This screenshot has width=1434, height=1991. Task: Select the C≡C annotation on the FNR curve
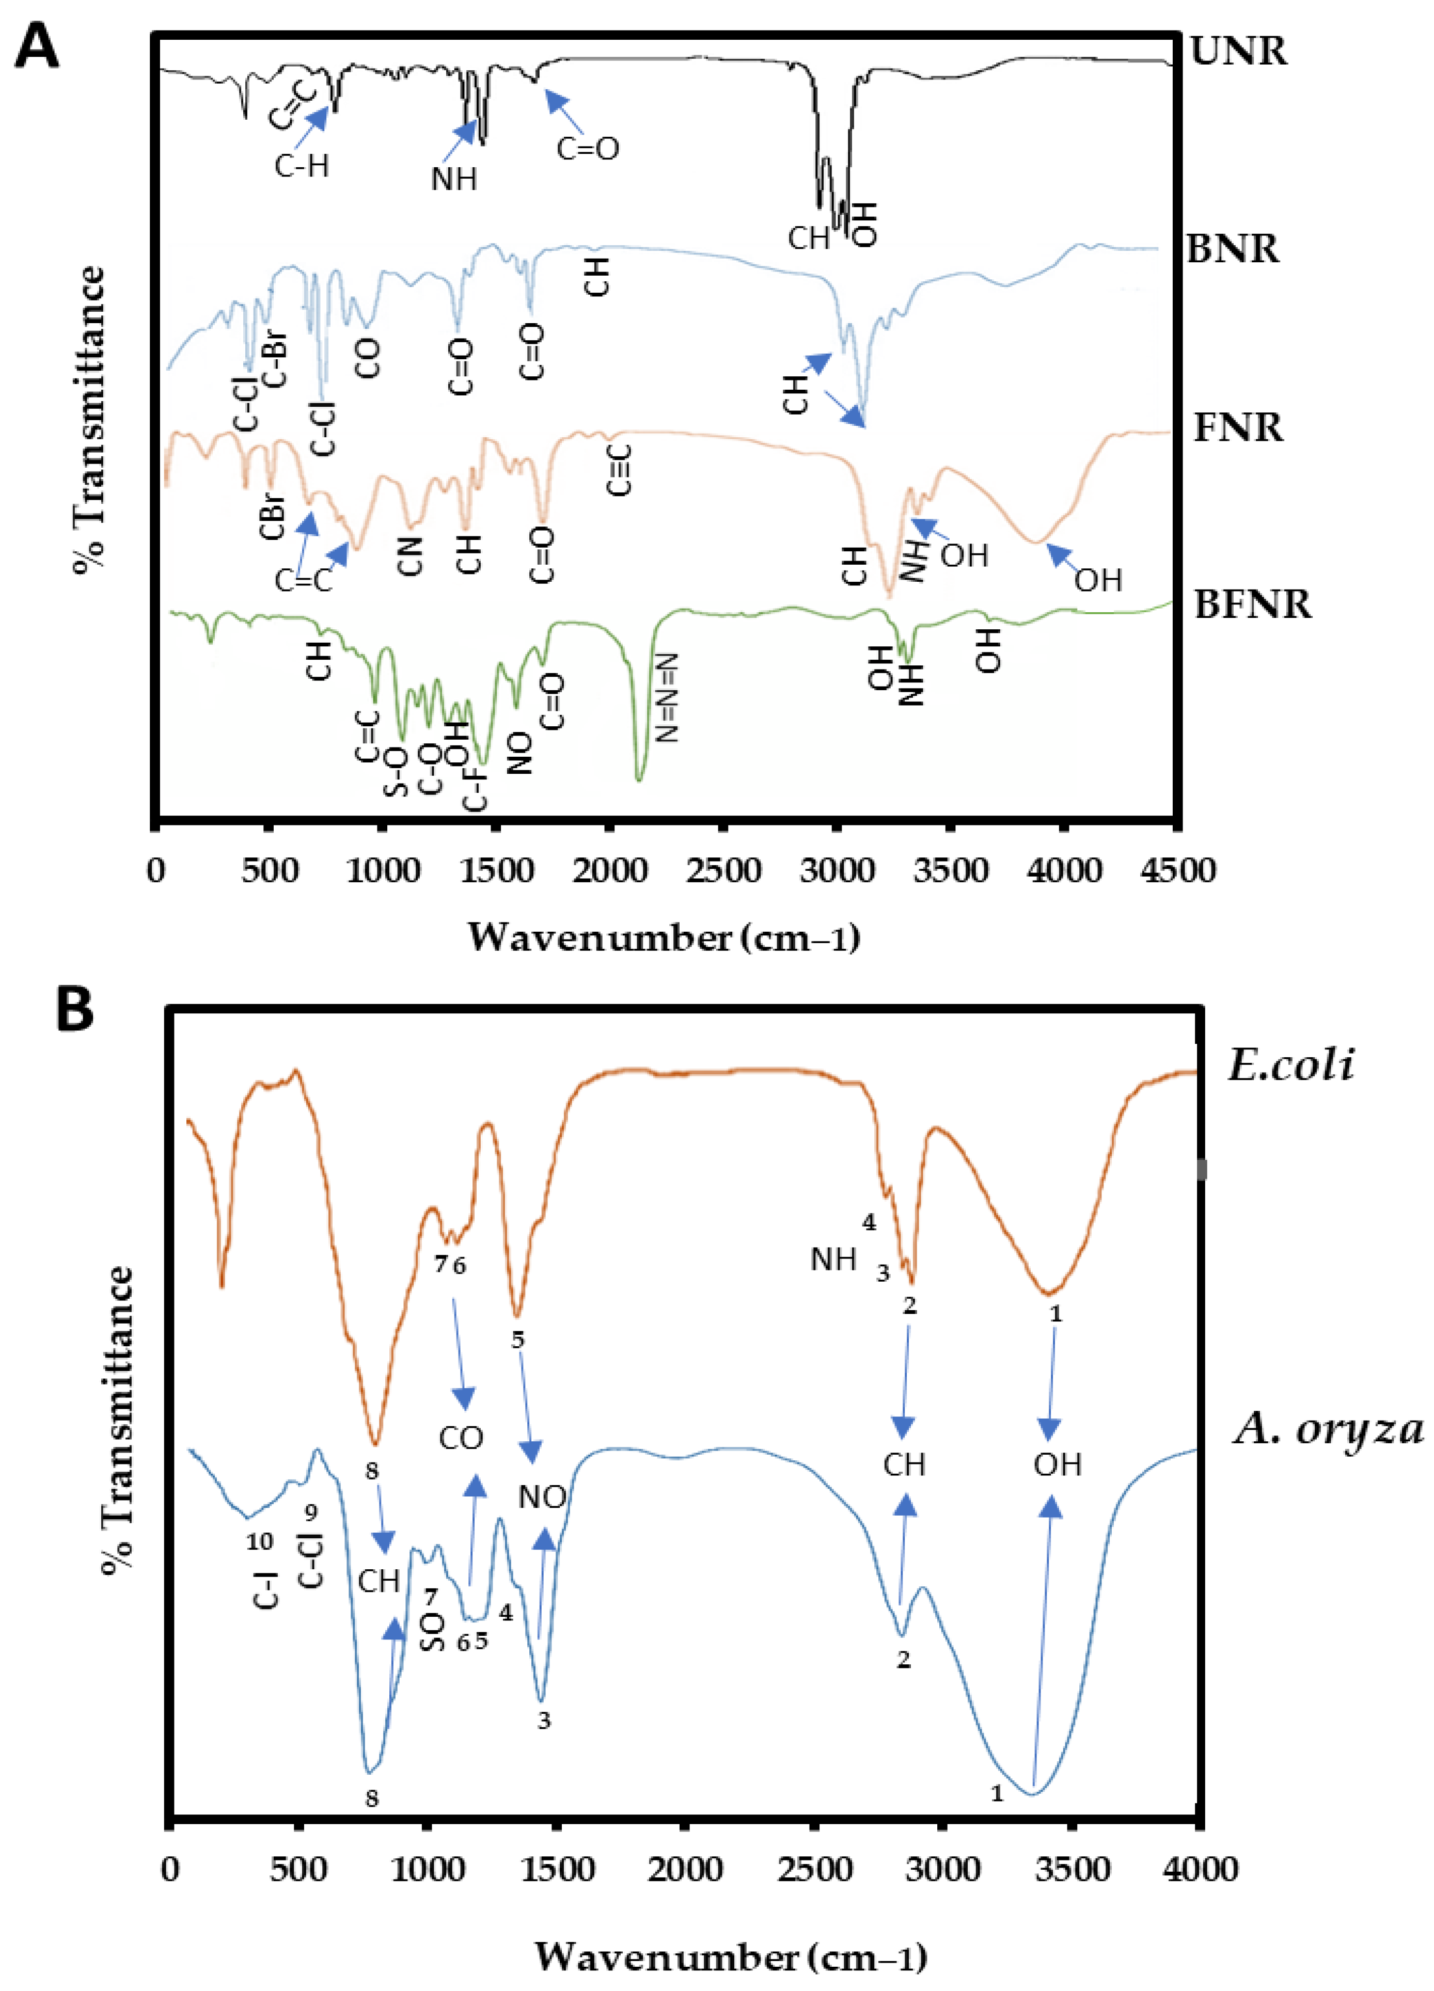pyautogui.click(x=620, y=470)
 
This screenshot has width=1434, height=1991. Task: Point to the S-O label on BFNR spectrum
pyautogui.click(x=397, y=773)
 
